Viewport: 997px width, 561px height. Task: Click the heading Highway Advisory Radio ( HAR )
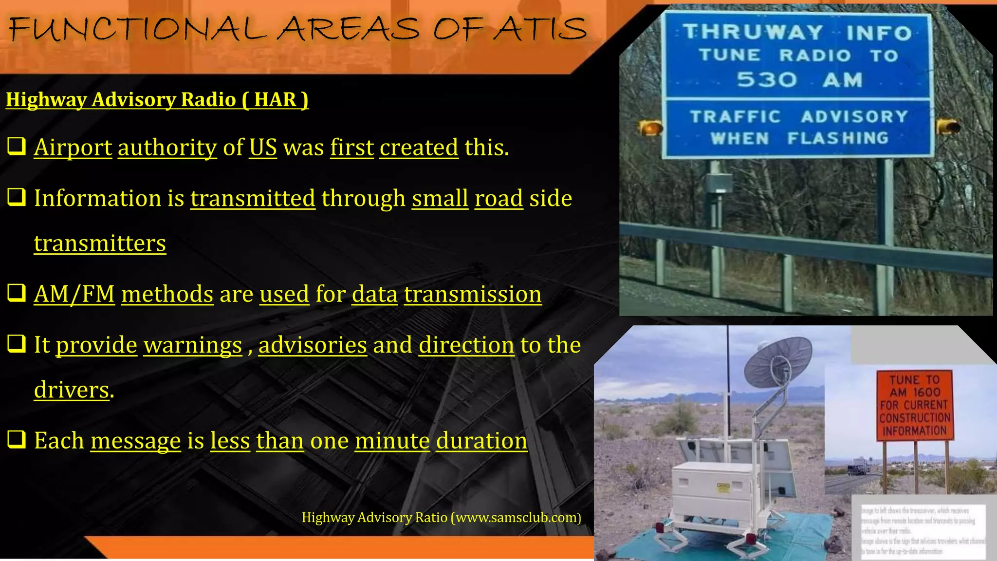(x=157, y=99)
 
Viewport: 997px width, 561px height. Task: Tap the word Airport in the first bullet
(x=73, y=147)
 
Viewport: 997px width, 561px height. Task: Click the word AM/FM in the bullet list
(x=74, y=294)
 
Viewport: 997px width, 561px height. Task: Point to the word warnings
(x=192, y=345)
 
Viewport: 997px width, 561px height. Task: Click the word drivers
(x=72, y=390)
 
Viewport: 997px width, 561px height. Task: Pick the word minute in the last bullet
(x=392, y=441)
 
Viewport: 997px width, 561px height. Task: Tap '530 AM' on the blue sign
(x=798, y=79)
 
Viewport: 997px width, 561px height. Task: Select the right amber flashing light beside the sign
(x=948, y=127)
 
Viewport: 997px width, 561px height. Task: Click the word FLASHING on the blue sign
(x=838, y=138)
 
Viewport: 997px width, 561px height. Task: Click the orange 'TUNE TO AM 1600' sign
(x=914, y=405)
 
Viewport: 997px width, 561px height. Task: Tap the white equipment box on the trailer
(x=714, y=487)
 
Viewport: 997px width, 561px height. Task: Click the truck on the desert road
(x=856, y=469)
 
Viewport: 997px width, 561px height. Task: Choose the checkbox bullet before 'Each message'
(x=17, y=439)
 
